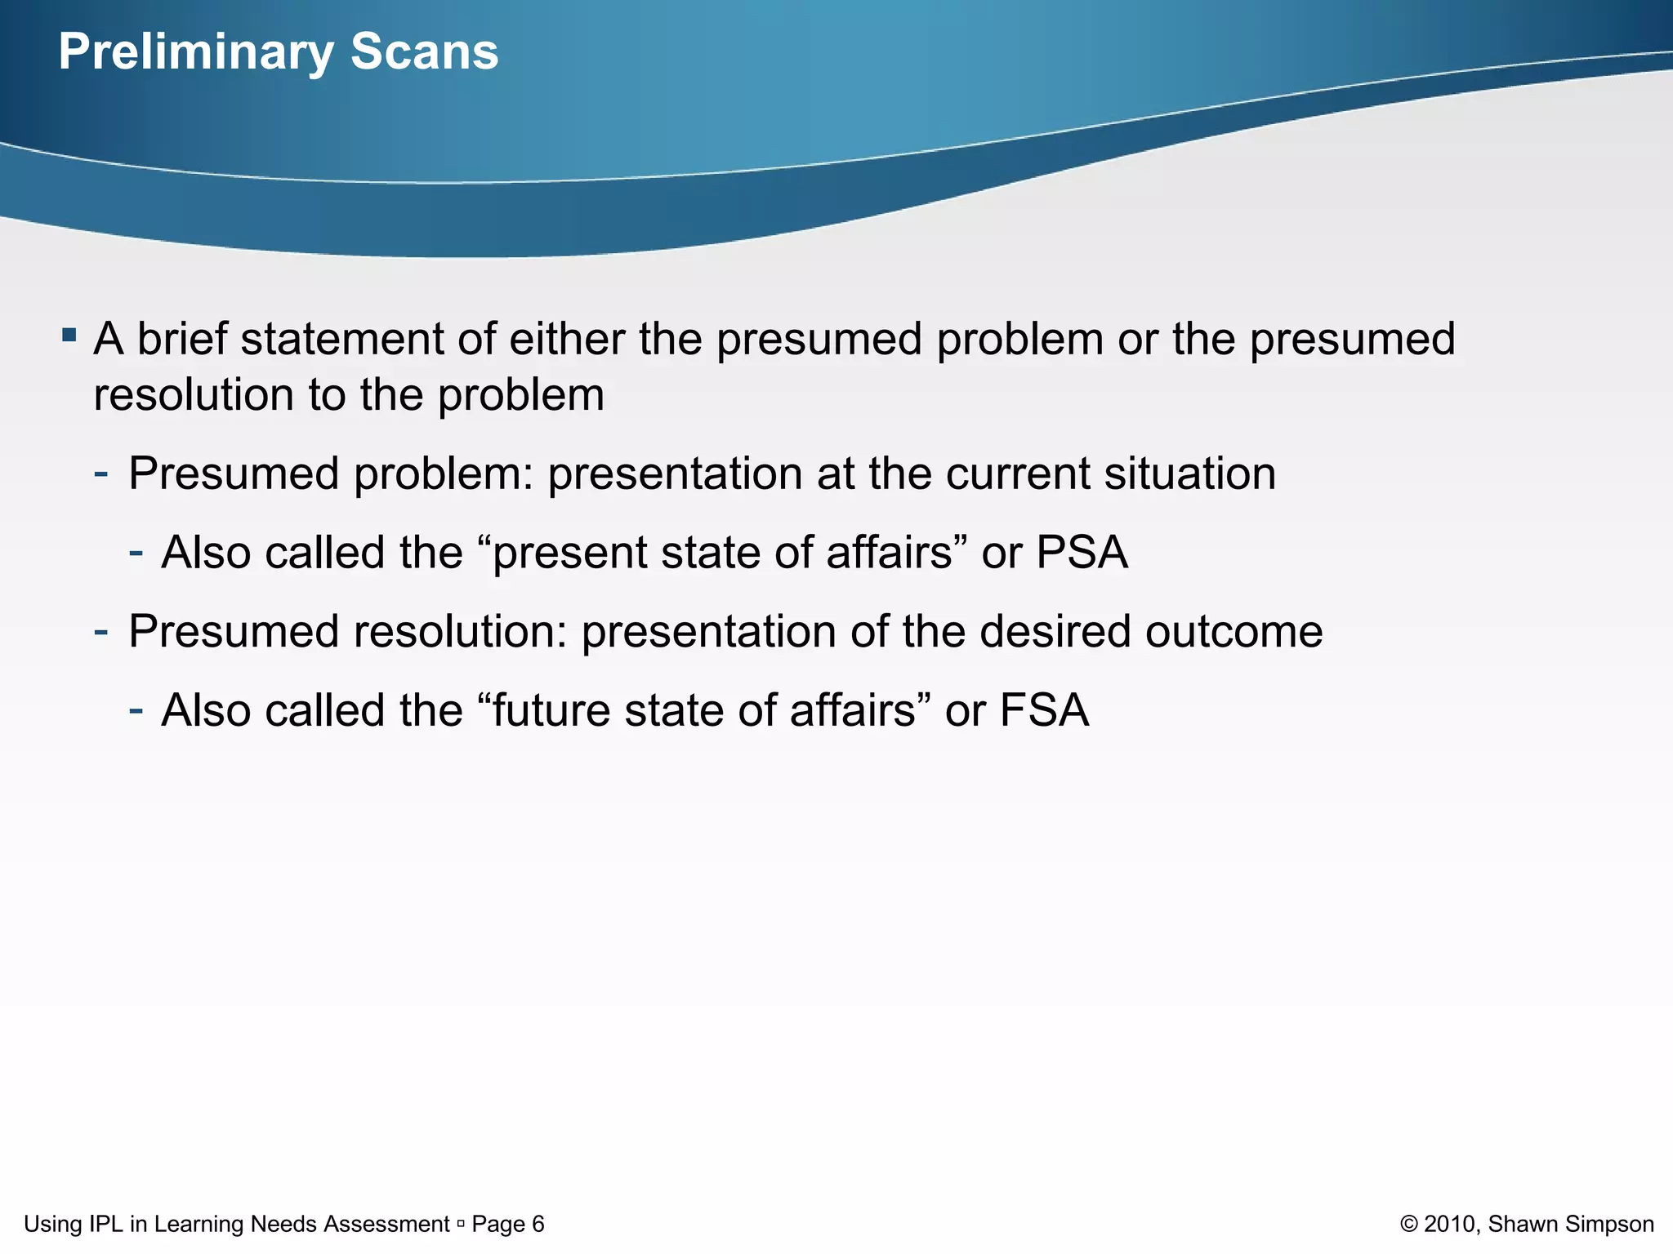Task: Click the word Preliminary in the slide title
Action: tap(195, 52)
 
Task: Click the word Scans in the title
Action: tap(424, 52)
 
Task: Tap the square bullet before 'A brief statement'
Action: tap(69, 335)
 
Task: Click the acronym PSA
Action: tap(1082, 553)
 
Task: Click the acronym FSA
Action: tap(1044, 710)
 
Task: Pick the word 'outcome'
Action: tap(1234, 632)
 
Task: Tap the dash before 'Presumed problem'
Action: tap(101, 473)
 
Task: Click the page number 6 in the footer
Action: tap(538, 1224)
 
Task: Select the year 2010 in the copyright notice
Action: tap(1451, 1224)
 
